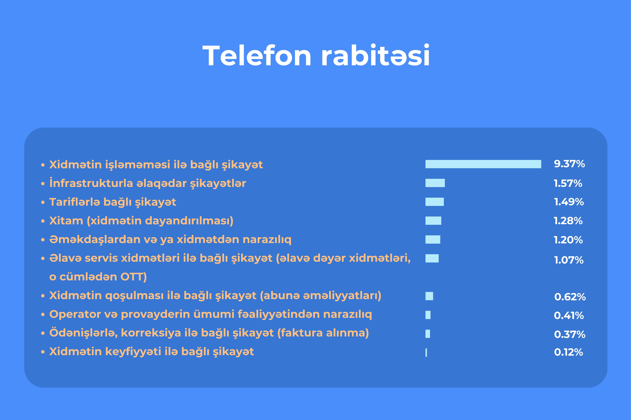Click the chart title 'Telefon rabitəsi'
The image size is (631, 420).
point(316,55)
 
